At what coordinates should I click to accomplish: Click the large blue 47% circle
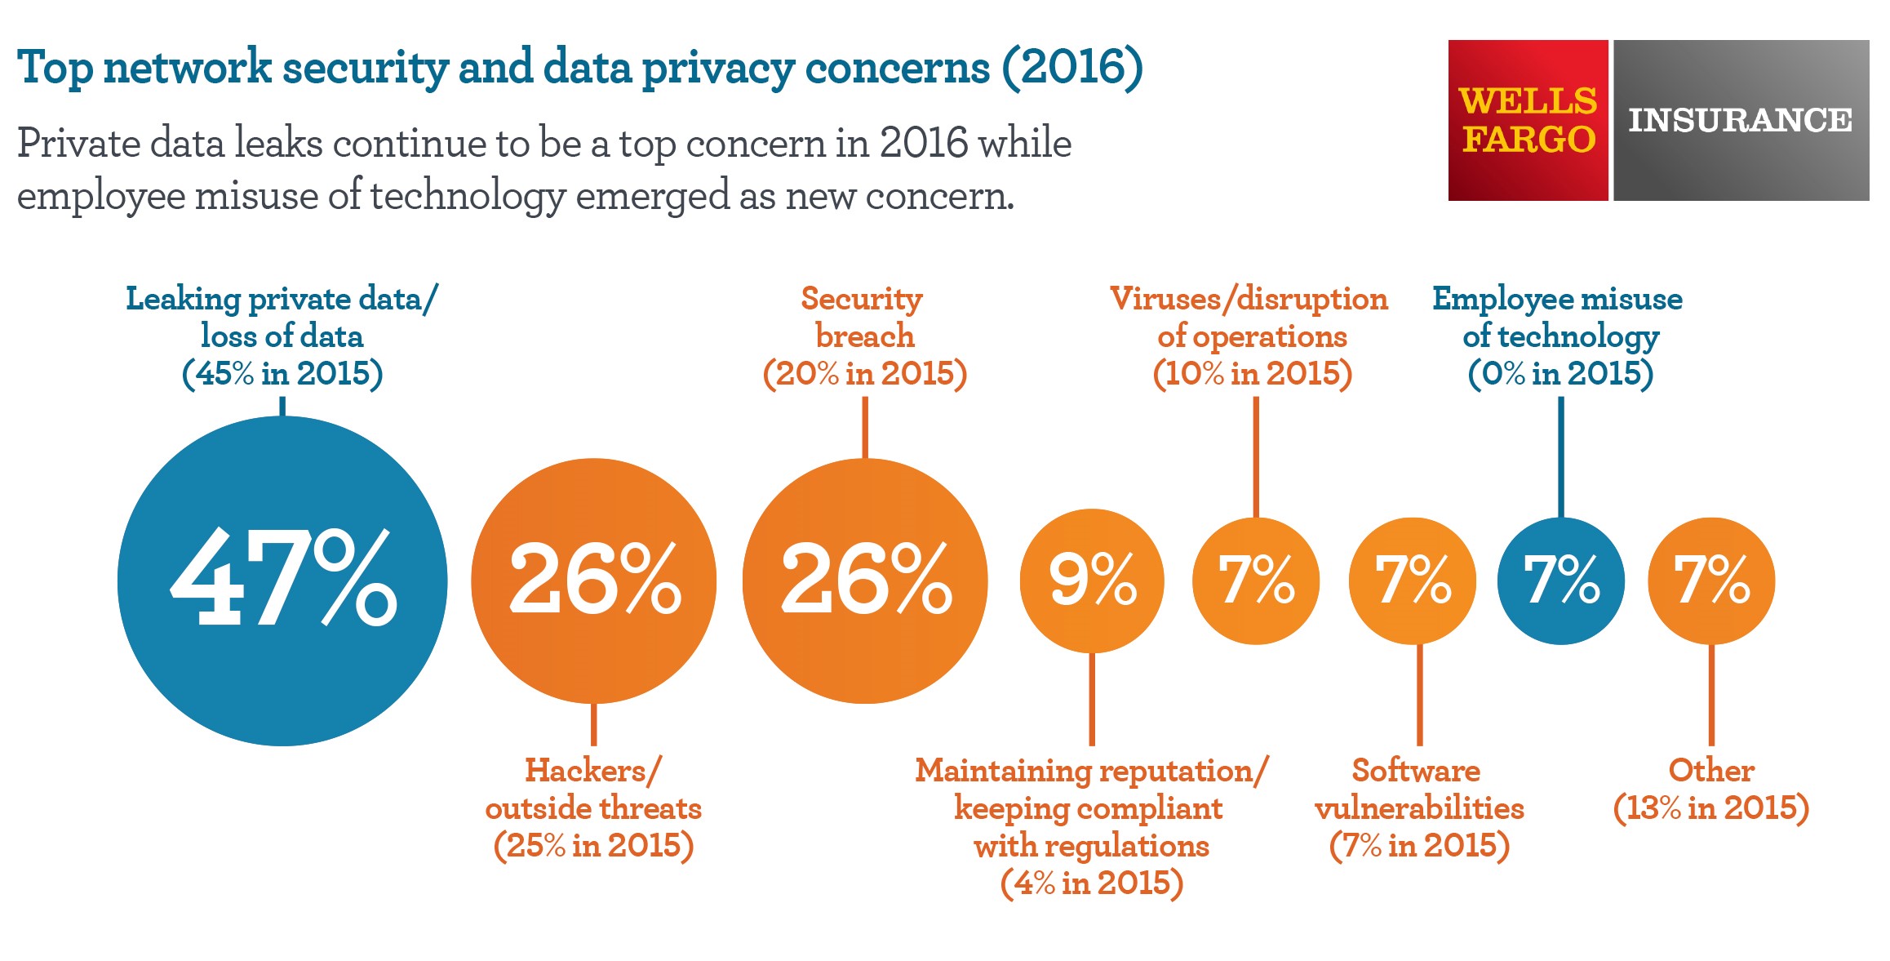282,581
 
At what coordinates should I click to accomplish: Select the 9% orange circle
1092,581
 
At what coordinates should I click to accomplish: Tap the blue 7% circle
1560,581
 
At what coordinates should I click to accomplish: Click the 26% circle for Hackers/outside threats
594,581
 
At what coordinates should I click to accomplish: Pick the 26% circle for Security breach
865,581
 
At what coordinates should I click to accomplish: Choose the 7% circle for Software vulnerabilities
1413,581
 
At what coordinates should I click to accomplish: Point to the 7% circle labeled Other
1711,581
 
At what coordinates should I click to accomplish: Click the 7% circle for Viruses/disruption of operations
1256,581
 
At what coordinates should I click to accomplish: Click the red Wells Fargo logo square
1528,120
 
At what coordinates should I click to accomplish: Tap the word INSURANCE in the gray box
1741,120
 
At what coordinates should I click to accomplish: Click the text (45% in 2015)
282,373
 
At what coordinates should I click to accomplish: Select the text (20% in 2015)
865,373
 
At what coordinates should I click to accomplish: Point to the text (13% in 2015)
1711,808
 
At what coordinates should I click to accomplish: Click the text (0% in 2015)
1560,373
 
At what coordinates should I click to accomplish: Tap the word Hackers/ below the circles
593,770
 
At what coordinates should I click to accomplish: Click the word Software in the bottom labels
1416,770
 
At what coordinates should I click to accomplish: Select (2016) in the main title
1072,67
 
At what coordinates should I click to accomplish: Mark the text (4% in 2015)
1092,883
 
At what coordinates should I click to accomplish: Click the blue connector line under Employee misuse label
1561,457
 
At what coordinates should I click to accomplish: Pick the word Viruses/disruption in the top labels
1249,299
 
